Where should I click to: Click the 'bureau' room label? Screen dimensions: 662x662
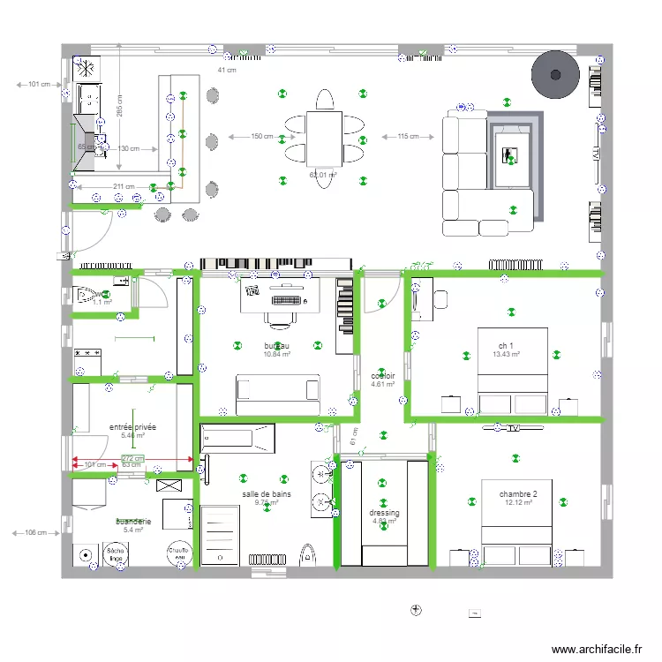pos(276,345)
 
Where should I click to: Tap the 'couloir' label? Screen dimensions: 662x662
pos(383,375)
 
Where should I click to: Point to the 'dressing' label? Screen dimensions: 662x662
pos(384,513)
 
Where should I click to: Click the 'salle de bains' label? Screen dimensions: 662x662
pos(267,494)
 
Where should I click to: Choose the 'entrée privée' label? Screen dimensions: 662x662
pos(132,426)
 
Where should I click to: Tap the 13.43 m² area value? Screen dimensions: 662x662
pos(506,354)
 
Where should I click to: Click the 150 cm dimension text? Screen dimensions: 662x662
pos(261,137)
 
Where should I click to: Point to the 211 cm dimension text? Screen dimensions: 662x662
pos(124,187)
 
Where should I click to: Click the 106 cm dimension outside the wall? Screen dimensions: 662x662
pos(35,533)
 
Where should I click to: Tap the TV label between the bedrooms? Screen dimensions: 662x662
pos(513,429)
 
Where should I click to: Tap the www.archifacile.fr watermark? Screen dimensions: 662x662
pos(598,650)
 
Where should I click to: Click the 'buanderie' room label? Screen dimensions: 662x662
pos(132,522)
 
